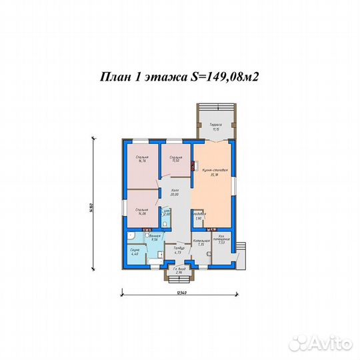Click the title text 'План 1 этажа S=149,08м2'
[x=179, y=76]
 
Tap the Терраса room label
[x=215, y=127]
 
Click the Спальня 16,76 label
[x=141, y=159]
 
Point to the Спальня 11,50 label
[x=176, y=159]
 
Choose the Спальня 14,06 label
[x=141, y=212]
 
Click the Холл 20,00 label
[x=175, y=193]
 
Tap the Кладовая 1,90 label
[x=199, y=217]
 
